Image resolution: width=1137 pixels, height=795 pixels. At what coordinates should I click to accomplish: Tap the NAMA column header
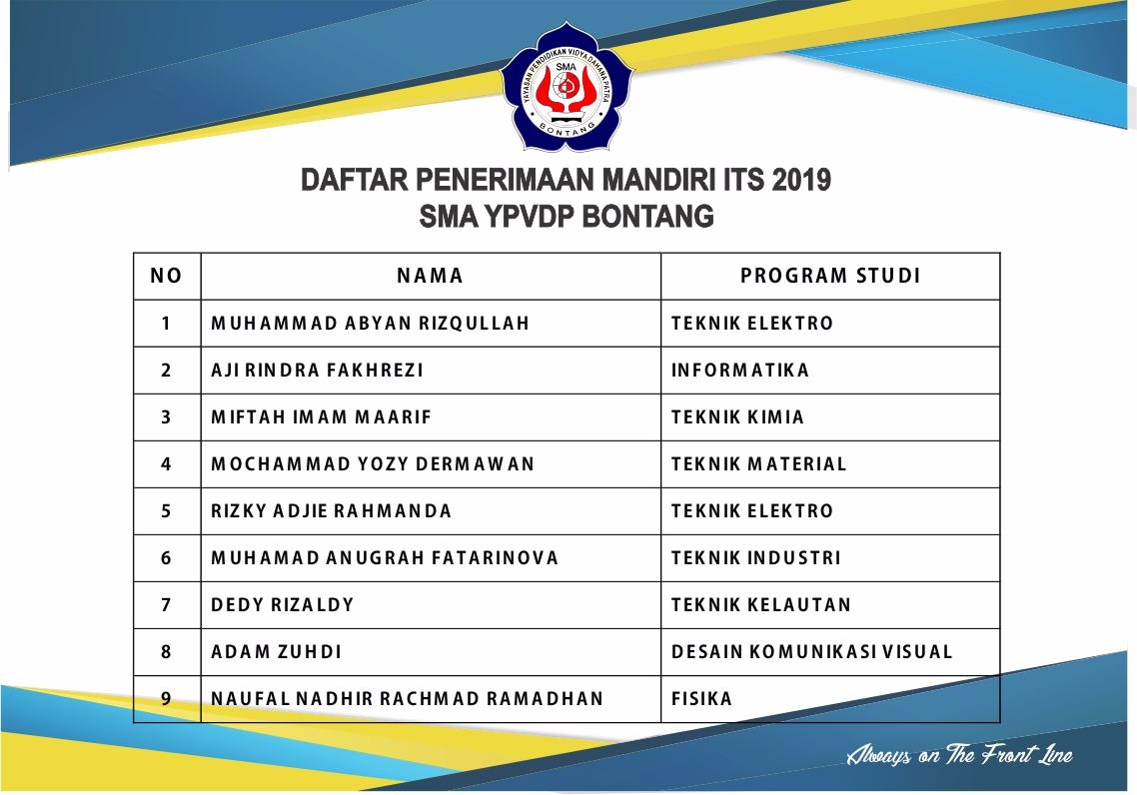(430, 276)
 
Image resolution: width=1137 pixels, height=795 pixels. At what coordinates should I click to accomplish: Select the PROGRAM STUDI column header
(830, 276)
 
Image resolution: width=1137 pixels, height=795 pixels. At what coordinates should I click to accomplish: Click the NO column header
(166, 276)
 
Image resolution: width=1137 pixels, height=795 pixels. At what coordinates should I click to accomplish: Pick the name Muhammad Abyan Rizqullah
(370, 324)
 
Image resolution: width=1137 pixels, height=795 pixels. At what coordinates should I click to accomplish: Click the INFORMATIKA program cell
(739, 371)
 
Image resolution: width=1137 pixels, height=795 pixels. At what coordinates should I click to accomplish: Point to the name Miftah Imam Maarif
(321, 417)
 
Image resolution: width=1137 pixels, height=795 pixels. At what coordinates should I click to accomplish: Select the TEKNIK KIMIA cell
(737, 417)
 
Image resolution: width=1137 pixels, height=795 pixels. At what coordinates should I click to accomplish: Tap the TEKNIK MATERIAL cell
(758, 464)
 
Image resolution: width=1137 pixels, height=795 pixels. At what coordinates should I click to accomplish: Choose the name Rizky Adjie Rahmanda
(331, 511)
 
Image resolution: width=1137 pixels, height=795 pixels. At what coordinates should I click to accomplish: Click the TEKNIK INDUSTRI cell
(755, 558)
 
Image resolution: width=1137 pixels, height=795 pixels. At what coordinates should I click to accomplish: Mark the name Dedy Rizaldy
(282, 605)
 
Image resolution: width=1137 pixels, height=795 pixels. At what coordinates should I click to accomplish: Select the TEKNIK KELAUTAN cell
(760, 605)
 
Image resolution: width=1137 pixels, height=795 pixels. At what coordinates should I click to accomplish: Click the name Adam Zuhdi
(276, 652)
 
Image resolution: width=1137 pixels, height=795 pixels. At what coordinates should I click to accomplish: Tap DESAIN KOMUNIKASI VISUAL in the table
(811, 652)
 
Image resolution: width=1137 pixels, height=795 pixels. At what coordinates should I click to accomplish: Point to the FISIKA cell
(701, 698)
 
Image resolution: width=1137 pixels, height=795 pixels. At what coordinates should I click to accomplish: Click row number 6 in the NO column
(166, 558)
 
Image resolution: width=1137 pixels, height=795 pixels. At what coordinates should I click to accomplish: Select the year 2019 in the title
(801, 180)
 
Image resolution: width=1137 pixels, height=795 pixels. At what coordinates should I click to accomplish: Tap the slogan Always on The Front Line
(958, 754)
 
